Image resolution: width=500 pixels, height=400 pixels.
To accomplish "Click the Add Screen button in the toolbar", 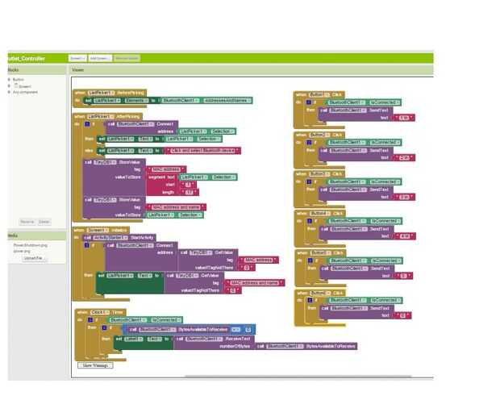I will point(99,58).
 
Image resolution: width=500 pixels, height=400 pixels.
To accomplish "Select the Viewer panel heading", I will point(78,70).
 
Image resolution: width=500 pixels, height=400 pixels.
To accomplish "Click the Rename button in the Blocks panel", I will point(27,221).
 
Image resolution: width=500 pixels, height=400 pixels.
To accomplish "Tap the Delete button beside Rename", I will point(44,221).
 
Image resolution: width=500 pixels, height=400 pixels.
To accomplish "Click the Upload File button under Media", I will point(35,258).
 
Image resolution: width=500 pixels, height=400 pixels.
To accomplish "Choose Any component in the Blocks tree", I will point(25,92).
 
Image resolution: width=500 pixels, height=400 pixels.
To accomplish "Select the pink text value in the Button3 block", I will point(404,196).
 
